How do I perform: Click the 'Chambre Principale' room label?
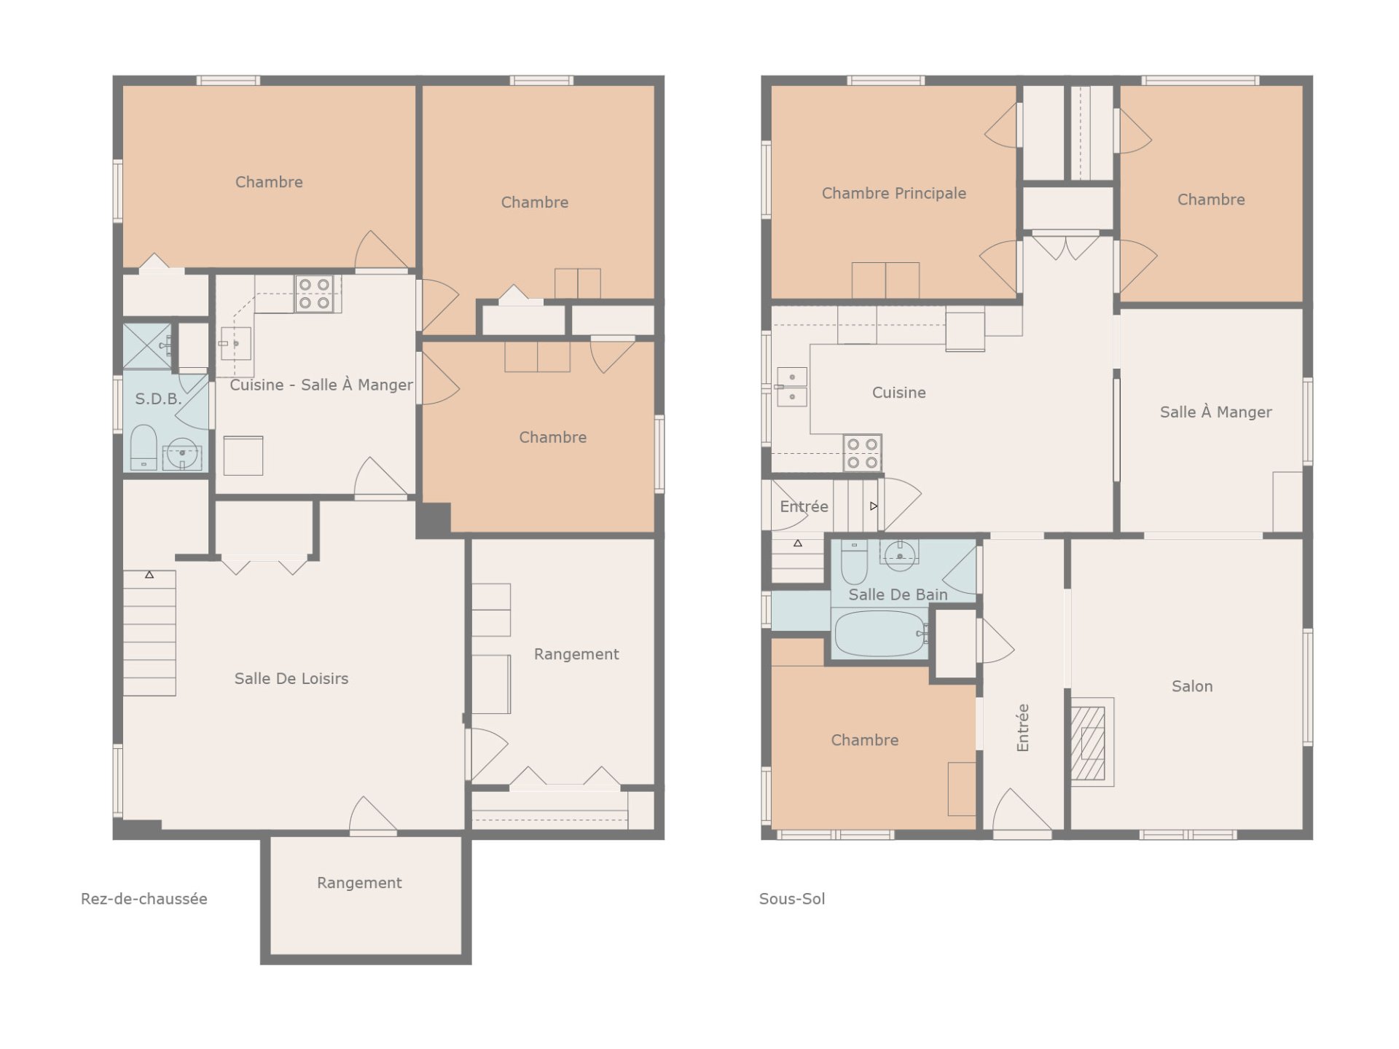[x=894, y=193]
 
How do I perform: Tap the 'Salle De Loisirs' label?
[x=291, y=678]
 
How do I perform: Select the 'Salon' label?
[x=1192, y=686]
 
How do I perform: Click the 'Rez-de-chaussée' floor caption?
[x=144, y=899]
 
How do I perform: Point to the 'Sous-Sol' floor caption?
[x=792, y=899]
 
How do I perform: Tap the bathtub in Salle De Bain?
[x=880, y=633]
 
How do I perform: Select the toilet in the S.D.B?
[x=144, y=447]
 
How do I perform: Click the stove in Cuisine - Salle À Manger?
[x=314, y=294]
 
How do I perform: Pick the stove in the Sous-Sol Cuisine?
[x=862, y=453]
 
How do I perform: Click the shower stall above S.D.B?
[x=147, y=346]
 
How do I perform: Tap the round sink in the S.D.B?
[x=182, y=454]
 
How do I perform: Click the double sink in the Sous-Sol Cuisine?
[x=791, y=387]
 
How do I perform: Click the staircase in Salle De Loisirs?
[x=149, y=632]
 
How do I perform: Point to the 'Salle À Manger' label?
[x=1215, y=412]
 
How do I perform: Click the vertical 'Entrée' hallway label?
[x=1023, y=728]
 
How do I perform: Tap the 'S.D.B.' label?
[x=158, y=399]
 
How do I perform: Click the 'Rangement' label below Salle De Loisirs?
[x=359, y=883]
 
